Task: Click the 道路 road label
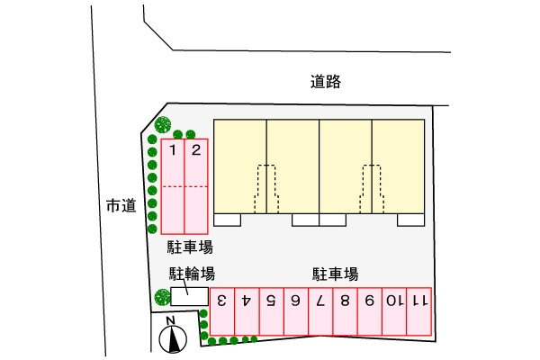pyautogui.click(x=326, y=82)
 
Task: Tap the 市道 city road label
pyautogui.click(x=121, y=206)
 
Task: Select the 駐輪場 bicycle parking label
pyautogui.click(x=192, y=274)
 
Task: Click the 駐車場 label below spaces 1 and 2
pyautogui.click(x=190, y=247)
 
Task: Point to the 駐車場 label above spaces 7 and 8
pyautogui.click(x=335, y=274)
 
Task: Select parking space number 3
pyautogui.click(x=222, y=311)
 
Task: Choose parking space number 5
pyautogui.click(x=272, y=311)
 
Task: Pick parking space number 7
pyautogui.click(x=320, y=311)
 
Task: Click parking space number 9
pyautogui.click(x=370, y=311)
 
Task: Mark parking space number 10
pyautogui.click(x=394, y=311)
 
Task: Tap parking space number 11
pyautogui.click(x=418, y=311)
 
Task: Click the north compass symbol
pyautogui.click(x=173, y=339)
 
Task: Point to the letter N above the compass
pyautogui.click(x=170, y=320)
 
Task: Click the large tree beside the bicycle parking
pyautogui.click(x=162, y=297)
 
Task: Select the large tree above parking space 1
pyautogui.click(x=163, y=124)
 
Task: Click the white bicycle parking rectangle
pyautogui.click(x=190, y=296)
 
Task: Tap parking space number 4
pyautogui.click(x=247, y=311)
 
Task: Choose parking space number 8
pyautogui.click(x=345, y=311)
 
